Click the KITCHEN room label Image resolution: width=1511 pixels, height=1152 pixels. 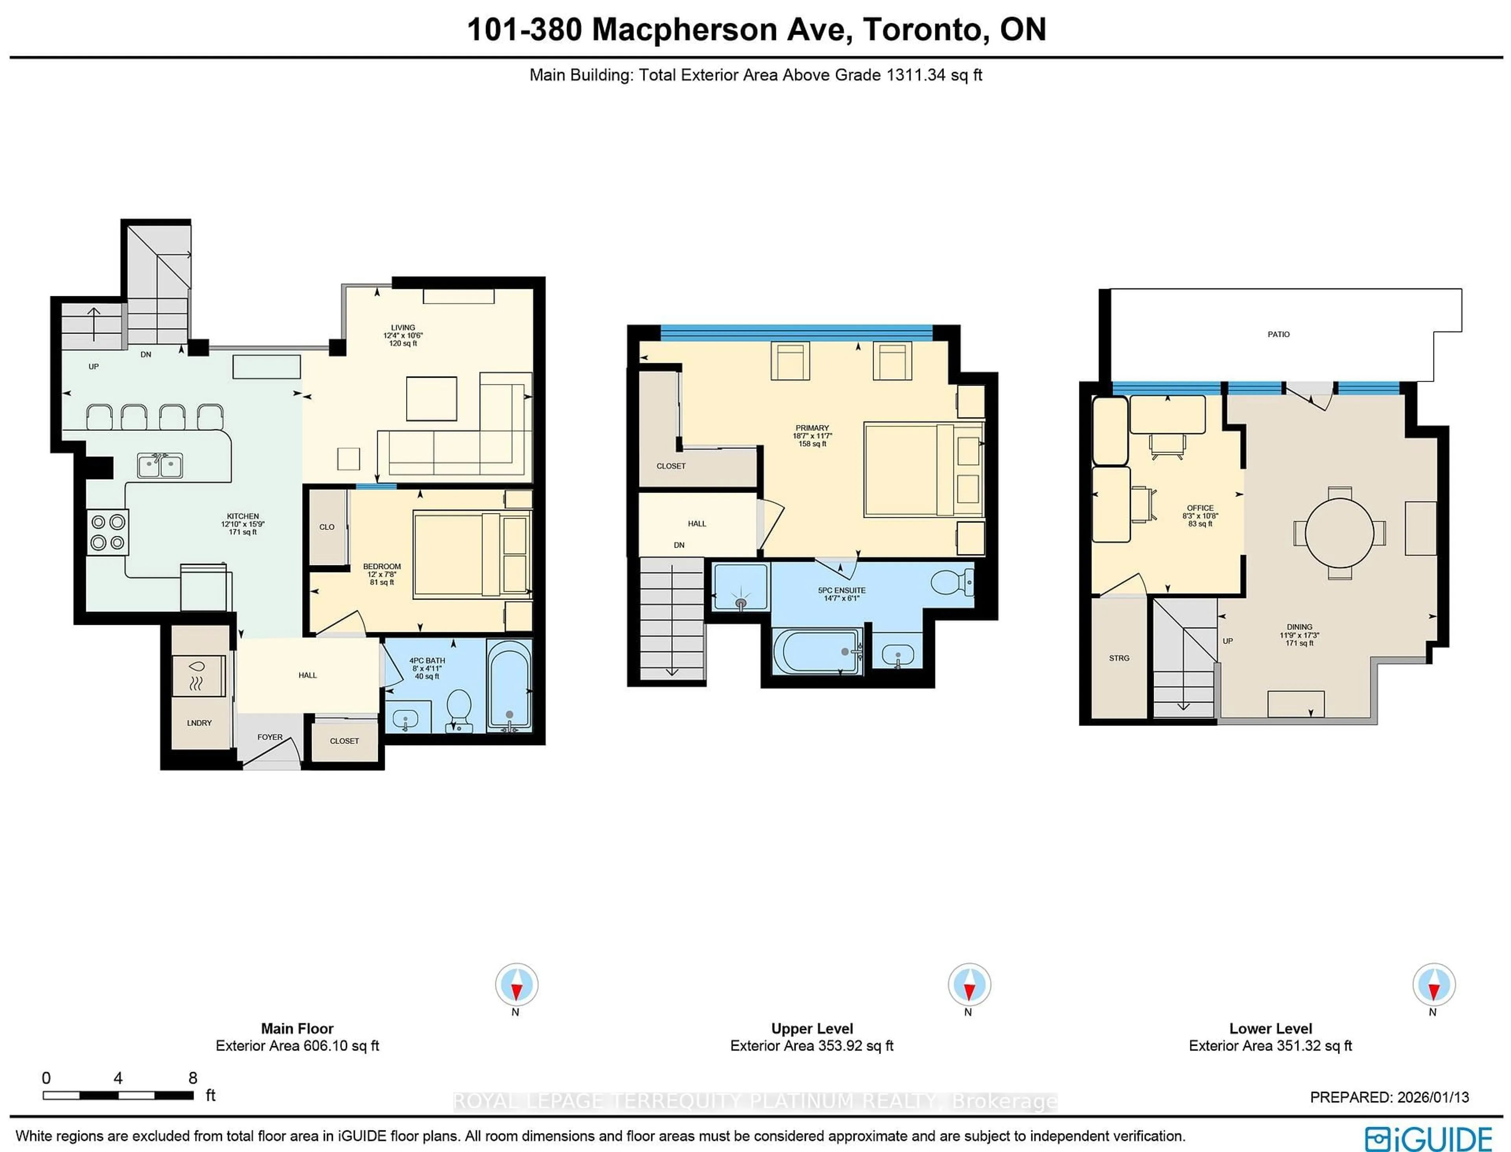point(243,516)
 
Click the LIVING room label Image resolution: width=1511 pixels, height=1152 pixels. point(403,328)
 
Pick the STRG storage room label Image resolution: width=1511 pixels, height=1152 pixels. point(1119,658)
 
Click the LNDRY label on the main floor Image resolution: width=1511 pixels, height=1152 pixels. point(199,723)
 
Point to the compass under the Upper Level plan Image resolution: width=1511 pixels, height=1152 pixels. point(968,985)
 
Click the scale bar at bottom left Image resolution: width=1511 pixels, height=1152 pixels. point(118,1095)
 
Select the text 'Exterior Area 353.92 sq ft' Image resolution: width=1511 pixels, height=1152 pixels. point(811,1046)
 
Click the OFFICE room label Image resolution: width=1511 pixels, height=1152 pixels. point(1200,508)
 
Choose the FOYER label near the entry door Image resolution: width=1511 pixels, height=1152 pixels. point(270,737)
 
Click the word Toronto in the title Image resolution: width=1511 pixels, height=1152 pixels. point(925,30)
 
